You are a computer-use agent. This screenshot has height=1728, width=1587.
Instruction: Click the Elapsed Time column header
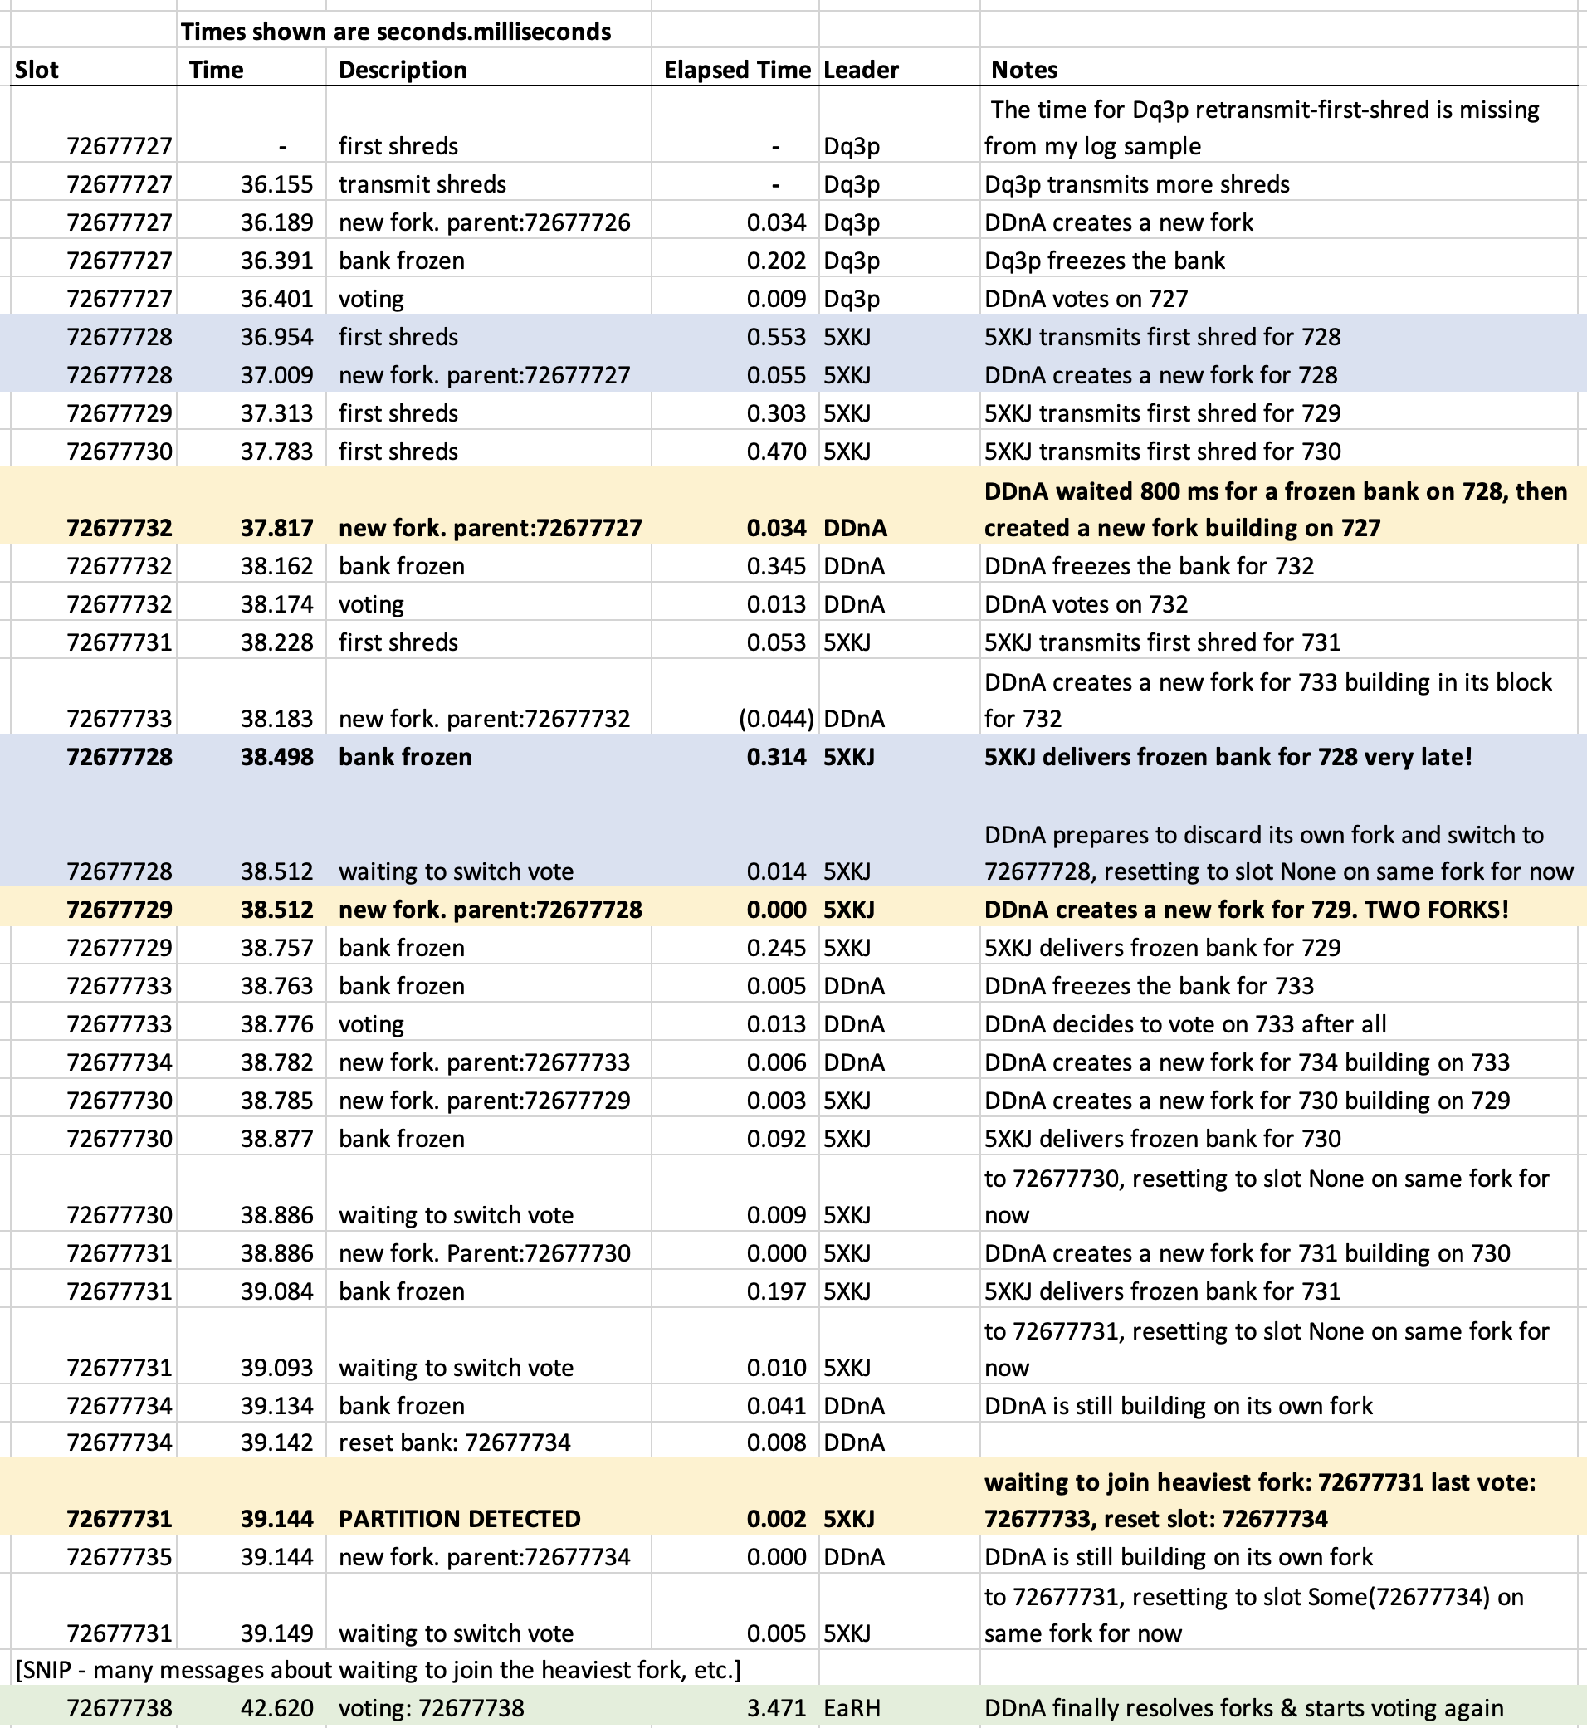tap(736, 70)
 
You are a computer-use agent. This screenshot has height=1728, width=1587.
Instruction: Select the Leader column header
tap(861, 70)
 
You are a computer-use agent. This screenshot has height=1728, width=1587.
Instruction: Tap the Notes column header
tap(1023, 70)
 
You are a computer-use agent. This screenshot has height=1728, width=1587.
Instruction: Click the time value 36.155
tap(276, 183)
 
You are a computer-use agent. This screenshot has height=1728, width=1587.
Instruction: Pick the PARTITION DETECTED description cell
tap(460, 1519)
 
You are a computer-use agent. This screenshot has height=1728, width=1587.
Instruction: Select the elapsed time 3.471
tap(776, 1708)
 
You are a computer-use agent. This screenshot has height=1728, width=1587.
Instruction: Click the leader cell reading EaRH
tap(851, 1708)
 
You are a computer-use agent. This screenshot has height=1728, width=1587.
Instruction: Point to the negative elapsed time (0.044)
tap(775, 719)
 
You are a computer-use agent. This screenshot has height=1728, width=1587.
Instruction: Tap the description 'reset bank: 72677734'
tap(454, 1442)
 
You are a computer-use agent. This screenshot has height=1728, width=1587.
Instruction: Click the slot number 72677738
tap(120, 1708)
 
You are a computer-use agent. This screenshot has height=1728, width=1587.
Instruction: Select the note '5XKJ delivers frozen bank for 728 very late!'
tap(1228, 757)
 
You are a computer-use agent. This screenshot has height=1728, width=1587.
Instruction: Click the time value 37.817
tap(276, 527)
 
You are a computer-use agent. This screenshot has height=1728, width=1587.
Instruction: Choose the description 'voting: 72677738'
tap(431, 1708)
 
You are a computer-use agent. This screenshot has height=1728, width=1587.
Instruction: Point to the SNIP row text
tap(378, 1671)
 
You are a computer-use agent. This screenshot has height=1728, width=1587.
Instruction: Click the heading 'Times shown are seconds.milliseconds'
tap(396, 32)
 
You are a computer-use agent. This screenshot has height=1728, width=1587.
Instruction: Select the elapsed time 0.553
tap(776, 337)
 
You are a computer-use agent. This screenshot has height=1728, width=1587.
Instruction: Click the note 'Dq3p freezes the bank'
tap(1105, 261)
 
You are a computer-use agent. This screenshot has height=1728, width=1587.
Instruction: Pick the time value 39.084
tap(276, 1291)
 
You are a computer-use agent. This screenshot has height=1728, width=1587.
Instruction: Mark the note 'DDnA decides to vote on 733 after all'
tap(1185, 1023)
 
